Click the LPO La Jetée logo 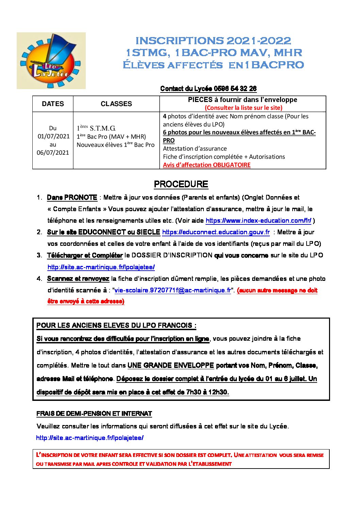(51, 61)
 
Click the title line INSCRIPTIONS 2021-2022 (213, 41)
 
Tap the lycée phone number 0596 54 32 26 (235, 89)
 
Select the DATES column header (53, 104)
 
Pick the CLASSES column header (116, 104)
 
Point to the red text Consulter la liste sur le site (243, 108)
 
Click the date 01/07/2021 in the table (53, 136)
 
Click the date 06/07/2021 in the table (53, 153)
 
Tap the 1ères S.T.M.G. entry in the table (96, 128)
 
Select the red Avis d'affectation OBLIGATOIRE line (207, 165)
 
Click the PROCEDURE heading (181, 184)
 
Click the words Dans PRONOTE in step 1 (72, 198)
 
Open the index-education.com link (258, 221)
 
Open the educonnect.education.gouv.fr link (216, 232)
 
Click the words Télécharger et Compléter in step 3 (85, 255)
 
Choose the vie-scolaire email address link (173, 290)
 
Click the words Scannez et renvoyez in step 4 (78, 279)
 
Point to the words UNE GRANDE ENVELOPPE (170, 366)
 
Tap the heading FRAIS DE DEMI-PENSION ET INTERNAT (94, 414)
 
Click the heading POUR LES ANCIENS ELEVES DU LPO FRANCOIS (116, 325)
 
